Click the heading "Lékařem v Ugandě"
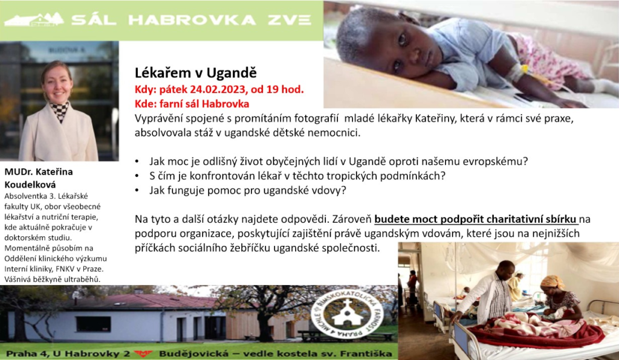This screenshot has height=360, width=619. pyautogui.click(x=196, y=73)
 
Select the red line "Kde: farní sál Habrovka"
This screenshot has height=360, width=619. pyautogui.click(x=192, y=104)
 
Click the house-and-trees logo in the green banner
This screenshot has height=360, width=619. pyautogui.click(x=34, y=20)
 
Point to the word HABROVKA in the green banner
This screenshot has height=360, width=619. pyautogui.click(x=192, y=20)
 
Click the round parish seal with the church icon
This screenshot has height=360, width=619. pyautogui.click(x=348, y=314)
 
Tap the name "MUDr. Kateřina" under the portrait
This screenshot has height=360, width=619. pyautogui.click(x=39, y=172)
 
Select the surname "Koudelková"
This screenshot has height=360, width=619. pyautogui.click(x=30, y=185)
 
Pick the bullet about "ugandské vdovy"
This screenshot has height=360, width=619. pyautogui.click(x=247, y=190)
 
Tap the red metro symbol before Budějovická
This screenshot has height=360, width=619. pyautogui.click(x=143, y=353)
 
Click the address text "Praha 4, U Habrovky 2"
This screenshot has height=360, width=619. pyautogui.click(x=68, y=353)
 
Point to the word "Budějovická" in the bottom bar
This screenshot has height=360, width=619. pyautogui.click(x=192, y=353)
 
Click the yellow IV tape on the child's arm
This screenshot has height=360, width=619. pyautogui.click(x=525, y=70)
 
